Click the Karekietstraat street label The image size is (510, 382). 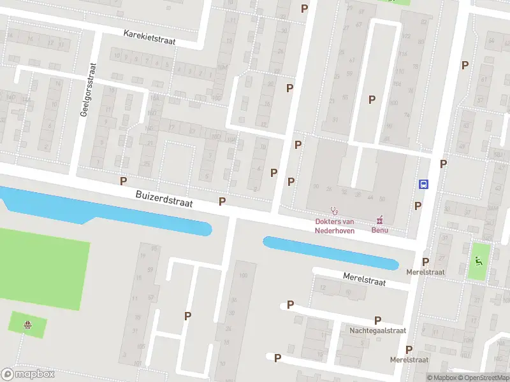[x=150, y=36]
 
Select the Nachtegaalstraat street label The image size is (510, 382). [x=377, y=331]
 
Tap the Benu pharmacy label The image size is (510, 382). [x=381, y=230]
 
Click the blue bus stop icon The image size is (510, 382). [x=423, y=185]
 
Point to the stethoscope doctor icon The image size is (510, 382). [x=333, y=211]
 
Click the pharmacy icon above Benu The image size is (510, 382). [x=381, y=220]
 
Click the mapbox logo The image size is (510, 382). [x=28, y=374]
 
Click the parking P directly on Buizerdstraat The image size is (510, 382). [x=222, y=201]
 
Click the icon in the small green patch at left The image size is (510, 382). [x=27, y=325]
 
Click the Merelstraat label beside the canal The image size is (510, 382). [x=365, y=279]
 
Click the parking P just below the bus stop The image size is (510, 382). [x=418, y=206]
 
